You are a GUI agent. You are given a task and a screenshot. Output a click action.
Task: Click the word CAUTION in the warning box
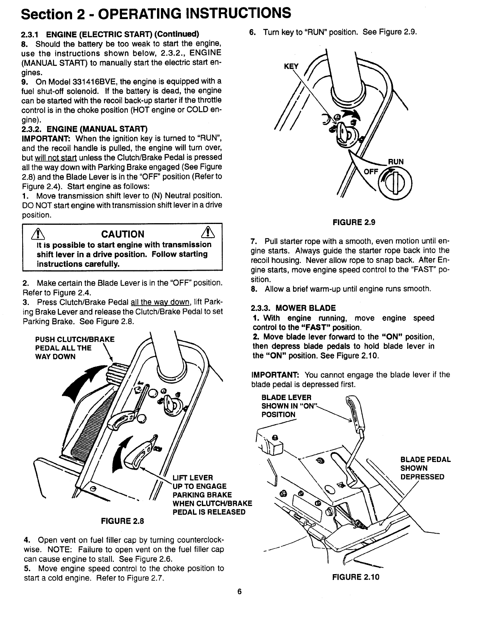[122, 234]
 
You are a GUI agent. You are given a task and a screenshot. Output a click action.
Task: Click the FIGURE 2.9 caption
[353, 222]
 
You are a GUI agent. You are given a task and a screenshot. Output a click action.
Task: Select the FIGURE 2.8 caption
[122, 521]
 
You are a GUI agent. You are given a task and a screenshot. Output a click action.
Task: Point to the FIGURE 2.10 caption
[355, 577]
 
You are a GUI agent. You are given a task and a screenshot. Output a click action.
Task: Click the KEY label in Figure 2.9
[291, 67]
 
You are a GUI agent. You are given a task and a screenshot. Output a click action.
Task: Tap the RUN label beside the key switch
[396, 162]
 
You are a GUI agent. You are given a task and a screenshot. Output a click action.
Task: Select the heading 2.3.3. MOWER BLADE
[293, 308]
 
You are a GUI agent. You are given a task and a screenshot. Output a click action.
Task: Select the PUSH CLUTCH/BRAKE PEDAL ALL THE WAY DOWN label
[75, 348]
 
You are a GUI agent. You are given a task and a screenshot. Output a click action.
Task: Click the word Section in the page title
[46, 14]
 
